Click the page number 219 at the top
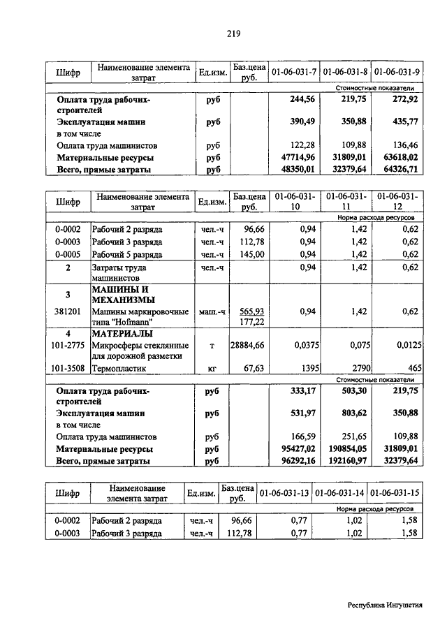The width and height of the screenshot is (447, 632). pos(233,33)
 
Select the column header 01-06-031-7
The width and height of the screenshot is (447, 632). pos(293,72)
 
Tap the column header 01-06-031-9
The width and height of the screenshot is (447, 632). pos(396,72)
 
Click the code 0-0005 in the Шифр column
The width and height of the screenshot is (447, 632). pos(68,254)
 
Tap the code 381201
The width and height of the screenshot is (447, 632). pos(68,311)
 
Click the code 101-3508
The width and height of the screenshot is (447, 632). pos(68,367)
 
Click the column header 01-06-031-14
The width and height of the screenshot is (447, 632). pos(339,494)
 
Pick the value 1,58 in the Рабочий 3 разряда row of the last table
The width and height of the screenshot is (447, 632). pos(406,534)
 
